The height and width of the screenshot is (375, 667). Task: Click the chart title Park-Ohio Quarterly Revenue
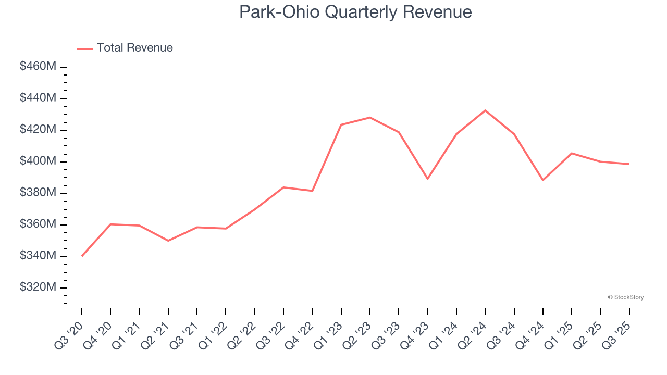click(x=355, y=12)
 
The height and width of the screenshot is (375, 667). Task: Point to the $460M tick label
click(x=38, y=67)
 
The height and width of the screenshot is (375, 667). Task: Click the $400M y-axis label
click(x=38, y=161)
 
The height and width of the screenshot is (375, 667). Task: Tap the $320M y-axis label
click(x=38, y=287)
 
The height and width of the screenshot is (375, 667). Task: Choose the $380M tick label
click(x=38, y=193)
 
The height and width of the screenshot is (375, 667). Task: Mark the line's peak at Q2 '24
click(x=485, y=110)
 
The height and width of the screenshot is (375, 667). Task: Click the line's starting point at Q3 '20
click(x=82, y=256)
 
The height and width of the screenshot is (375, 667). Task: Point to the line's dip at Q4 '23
click(x=428, y=179)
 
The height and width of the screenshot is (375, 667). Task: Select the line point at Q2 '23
click(x=370, y=117)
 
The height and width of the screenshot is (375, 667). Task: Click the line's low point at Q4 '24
click(x=543, y=180)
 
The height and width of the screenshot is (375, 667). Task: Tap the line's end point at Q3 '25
click(x=629, y=164)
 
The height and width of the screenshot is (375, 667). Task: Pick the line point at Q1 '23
click(x=341, y=124)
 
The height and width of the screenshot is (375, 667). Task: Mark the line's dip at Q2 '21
click(x=168, y=241)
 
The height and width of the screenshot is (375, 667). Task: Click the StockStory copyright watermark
click(x=625, y=297)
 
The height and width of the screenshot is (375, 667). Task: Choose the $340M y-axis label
click(x=38, y=256)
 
